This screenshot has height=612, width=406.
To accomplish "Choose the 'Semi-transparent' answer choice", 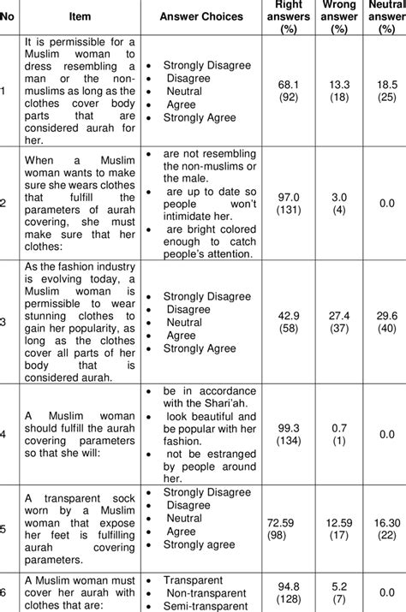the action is click(202, 605).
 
